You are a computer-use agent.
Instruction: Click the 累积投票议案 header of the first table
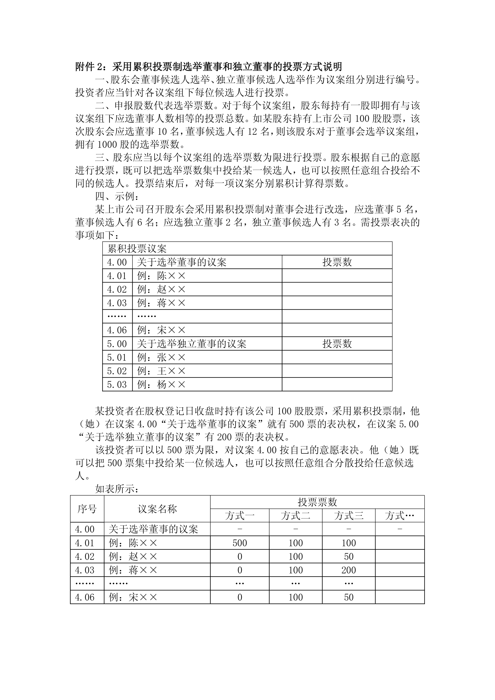point(137,249)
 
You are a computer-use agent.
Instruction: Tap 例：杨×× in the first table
point(161,385)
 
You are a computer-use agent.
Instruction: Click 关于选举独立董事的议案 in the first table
point(191,344)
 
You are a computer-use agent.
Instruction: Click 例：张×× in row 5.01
point(161,357)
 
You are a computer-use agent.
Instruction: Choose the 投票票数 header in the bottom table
point(317,502)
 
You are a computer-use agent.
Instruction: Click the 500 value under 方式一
point(240,543)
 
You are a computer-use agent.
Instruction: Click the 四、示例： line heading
point(117,196)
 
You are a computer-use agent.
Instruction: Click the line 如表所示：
point(117,489)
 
